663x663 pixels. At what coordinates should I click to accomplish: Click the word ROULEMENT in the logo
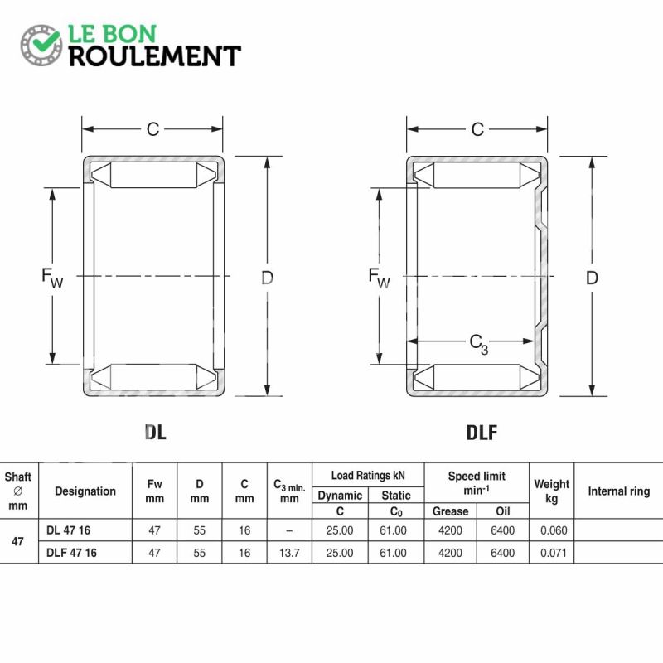pyautogui.click(x=155, y=56)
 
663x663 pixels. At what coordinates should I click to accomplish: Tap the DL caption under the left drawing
pyautogui.click(x=155, y=432)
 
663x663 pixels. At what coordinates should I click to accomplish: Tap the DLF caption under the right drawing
pyautogui.click(x=482, y=432)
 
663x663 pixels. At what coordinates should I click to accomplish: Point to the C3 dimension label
pyautogui.click(x=479, y=344)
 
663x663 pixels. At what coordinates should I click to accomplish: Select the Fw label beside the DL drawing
pyautogui.click(x=52, y=278)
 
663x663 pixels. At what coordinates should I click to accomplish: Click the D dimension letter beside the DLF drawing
pyautogui.click(x=592, y=278)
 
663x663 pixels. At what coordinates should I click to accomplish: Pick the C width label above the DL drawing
pyautogui.click(x=152, y=129)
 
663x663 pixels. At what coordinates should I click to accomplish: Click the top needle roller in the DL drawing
pyautogui.click(x=153, y=175)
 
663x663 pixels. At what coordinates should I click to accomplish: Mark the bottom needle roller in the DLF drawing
pyautogui.click(x=477, y=377)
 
